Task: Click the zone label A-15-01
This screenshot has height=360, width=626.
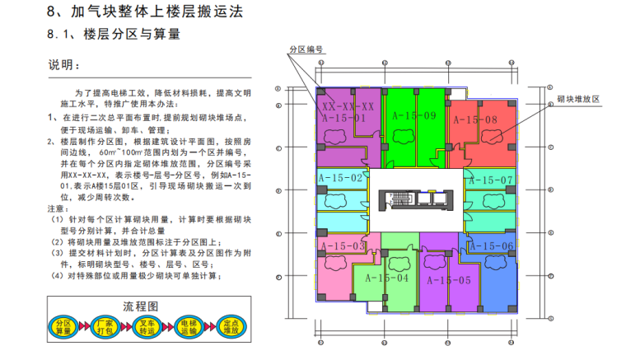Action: pyautogui.click(x=343, y=119)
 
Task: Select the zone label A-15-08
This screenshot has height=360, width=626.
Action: pyautogui.click(x=477, y=120)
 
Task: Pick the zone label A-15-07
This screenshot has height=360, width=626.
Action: pyautogui.click(x=491, y=180)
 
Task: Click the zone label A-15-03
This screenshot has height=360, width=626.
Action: pyautogui.click(x=343, y=246)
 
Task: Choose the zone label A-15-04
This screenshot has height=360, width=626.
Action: pyautogui.click(x=386, y=278)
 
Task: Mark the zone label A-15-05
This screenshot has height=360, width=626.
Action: pyautogui.click(x=450, y=279)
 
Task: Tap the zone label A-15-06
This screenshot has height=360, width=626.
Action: pyautogui.click(x=492, y=245)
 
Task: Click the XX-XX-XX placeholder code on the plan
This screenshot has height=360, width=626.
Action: pyautogui.click(x=348, y=107)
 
